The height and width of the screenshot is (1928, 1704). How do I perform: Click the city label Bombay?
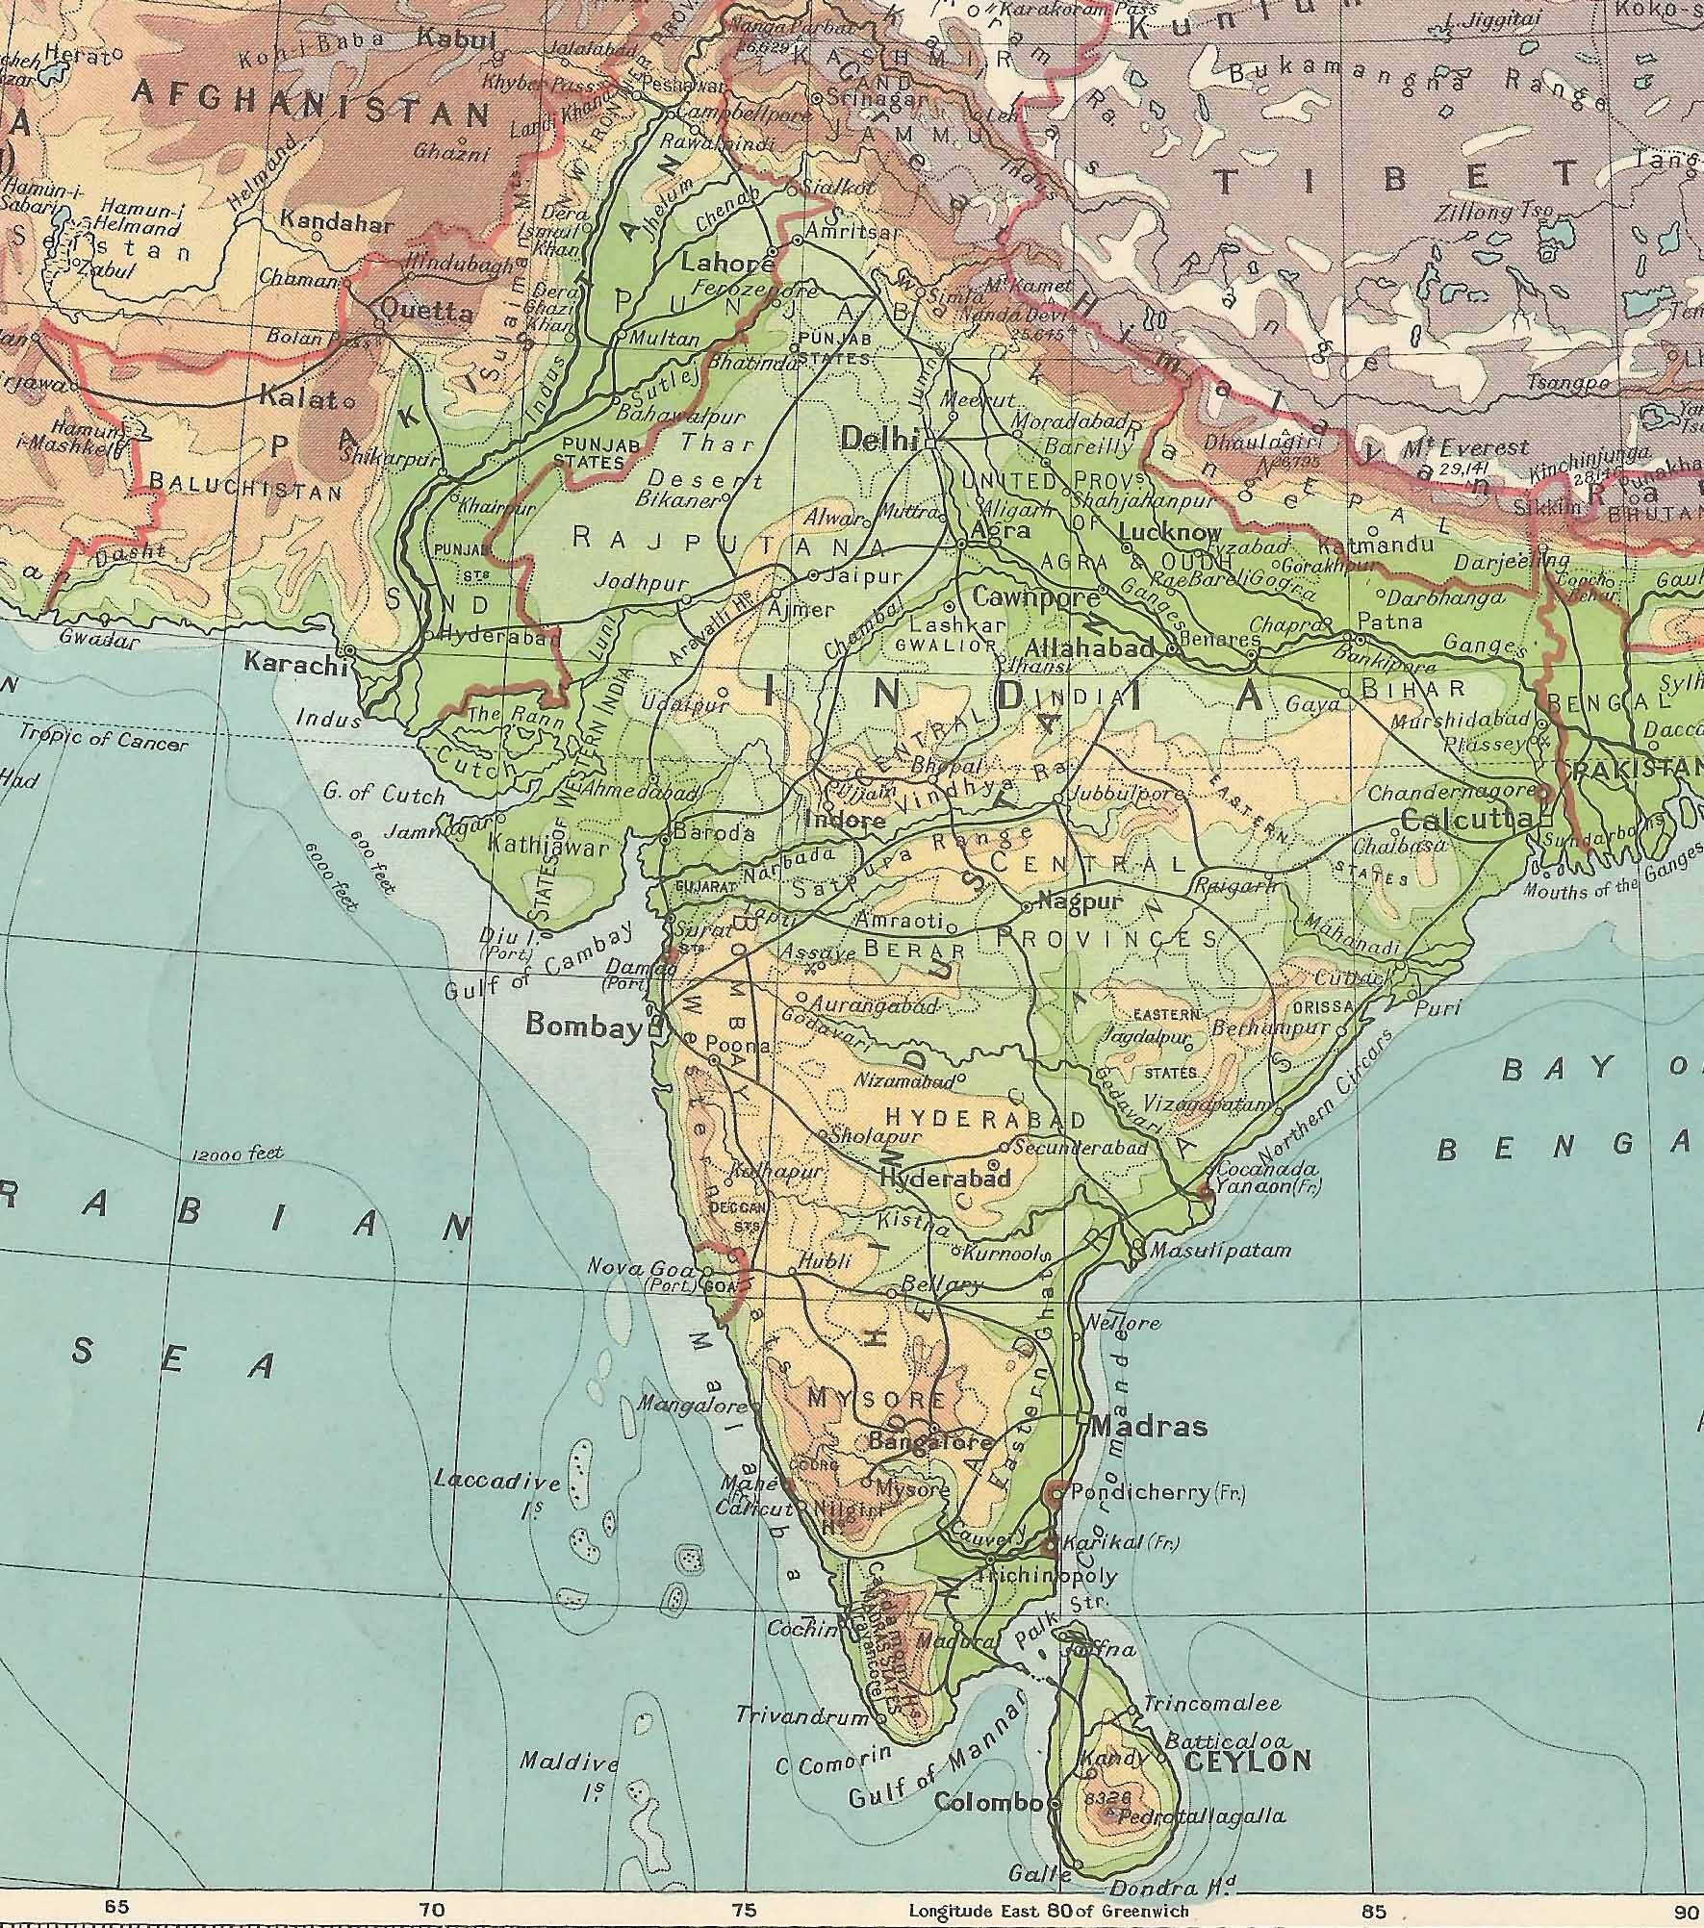pos(583,1027)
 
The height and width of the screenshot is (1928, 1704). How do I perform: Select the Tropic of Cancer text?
pos(103,742)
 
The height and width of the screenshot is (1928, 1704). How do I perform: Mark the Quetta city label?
pos(427,312)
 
